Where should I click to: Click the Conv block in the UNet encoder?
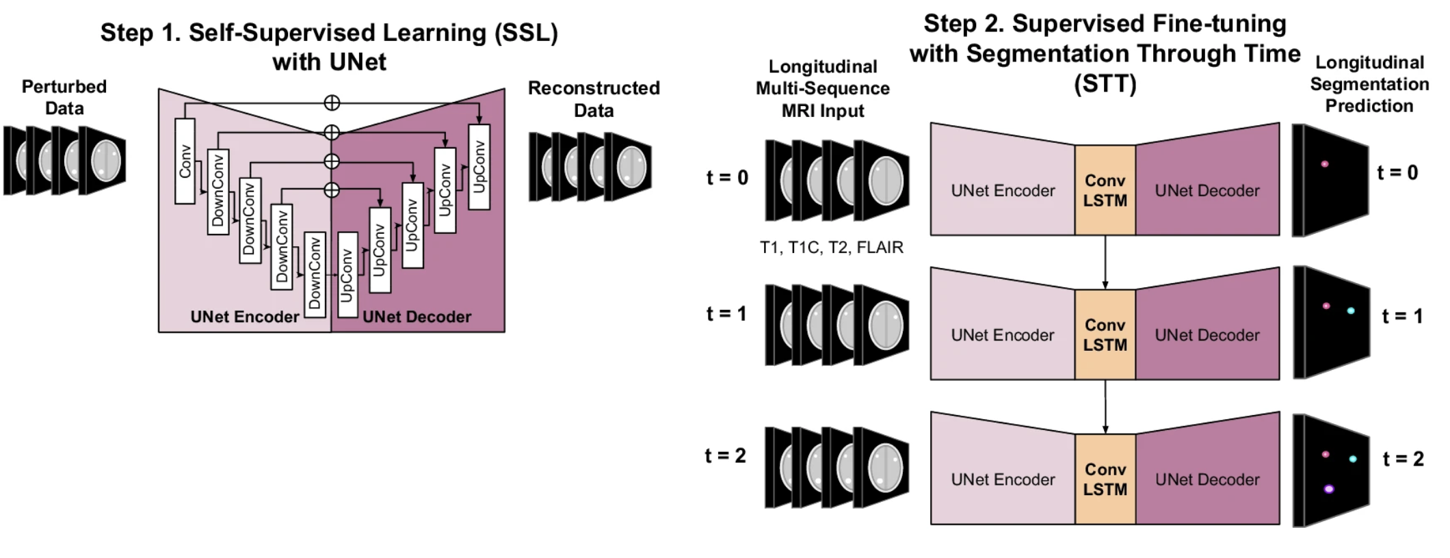point(185,161)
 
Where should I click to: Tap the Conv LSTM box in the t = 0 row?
point(1105,190)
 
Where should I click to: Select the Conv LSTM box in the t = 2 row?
point(1105,479)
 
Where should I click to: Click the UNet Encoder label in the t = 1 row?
point(1002,335)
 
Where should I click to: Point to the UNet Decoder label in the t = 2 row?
point(1207,479)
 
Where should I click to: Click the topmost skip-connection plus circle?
point(332,103)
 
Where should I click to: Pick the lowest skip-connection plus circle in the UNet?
point(332,190)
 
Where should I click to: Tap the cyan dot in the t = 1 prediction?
point(1350,311)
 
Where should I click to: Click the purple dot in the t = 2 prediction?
point(1328,489)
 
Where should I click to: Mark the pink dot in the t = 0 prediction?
point(1324,164)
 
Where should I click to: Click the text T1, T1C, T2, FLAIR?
point(831,248)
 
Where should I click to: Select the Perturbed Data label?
point(64,97)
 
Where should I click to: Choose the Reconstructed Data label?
point(594,99)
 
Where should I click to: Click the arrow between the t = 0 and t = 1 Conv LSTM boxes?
point(1105,261)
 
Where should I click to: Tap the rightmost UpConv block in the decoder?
point(479,167)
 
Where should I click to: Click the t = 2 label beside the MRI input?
point(725,455)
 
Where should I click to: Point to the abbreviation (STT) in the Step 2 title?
point(1105,84)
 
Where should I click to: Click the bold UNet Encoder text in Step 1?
point(244,317)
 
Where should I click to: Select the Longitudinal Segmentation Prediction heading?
point(1369,84)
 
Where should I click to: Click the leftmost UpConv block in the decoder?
point(347,275)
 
